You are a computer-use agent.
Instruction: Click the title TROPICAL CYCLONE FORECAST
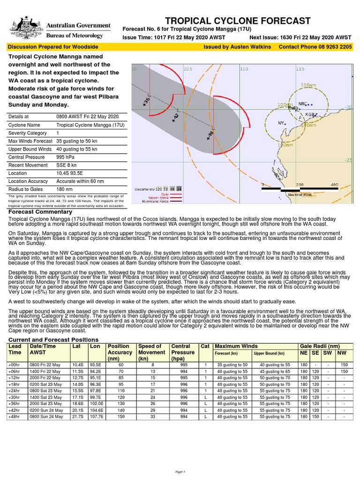click(238, 21)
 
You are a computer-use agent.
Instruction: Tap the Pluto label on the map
click(293, 107)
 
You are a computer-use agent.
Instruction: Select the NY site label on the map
click(281, 123)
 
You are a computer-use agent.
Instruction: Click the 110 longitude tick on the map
click(244, 69)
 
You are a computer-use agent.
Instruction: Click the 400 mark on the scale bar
click(334, 185)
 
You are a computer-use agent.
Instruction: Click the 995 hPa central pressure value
click(64, 157)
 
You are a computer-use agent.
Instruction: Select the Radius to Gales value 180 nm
click(64, 189)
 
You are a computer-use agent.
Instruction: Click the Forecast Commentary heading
click(40, 212)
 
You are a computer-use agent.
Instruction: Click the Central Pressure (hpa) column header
click(183, 352)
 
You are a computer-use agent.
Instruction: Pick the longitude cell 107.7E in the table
click(96, 416)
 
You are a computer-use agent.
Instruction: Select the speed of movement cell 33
click(152, 416)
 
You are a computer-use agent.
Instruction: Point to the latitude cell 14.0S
click(77, 384)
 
